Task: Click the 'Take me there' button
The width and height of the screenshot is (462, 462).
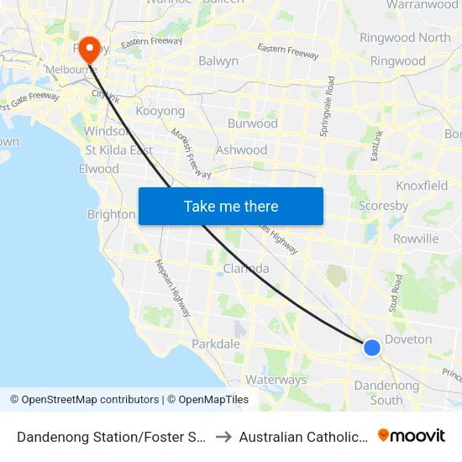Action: point(231,206)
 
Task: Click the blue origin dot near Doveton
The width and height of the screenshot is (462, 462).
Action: point(371,347)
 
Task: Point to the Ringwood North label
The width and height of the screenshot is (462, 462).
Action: point(404,38)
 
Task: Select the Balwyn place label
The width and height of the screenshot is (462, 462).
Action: point(218,60)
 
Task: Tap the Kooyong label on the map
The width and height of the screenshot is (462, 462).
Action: point(160,111)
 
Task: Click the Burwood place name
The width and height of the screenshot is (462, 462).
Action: point(252,123)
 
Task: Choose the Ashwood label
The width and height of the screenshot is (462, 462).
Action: point(241,150)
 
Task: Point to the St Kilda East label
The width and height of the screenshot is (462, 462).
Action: point(118,150)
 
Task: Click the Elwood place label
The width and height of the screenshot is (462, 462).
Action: point(100,169)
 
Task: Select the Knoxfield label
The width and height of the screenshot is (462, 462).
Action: point(421,185)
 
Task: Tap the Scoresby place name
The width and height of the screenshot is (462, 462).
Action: point(383,206)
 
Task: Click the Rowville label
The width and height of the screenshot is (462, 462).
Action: point(415,239)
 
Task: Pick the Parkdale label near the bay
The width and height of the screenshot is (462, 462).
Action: point(216,344)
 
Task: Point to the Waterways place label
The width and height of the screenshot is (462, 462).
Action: point(276,380)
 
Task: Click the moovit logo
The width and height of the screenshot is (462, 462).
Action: point(411,435)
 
